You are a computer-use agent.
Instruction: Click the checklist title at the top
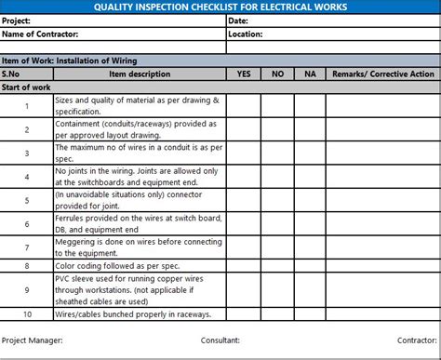(x=220, y=7)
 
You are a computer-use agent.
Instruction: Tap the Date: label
(x=238, y=20)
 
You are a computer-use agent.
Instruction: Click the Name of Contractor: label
(x=39, y=33)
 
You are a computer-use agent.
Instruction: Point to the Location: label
(x=246, y=33)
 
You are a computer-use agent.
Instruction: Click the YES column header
(x=244, y=73)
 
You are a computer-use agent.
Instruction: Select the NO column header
(x=277, y=73)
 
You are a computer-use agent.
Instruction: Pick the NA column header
(x=310, y=73)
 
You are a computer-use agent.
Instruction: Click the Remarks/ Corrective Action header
(x=383, y=73)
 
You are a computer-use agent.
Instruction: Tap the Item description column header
(x=140, y=73)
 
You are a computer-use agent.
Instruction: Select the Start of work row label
(x=26, y=87)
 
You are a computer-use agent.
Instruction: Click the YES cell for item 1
(x=244, y=105)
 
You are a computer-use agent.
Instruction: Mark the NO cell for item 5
(x=277, y=200)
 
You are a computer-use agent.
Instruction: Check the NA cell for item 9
(x=310, y=289)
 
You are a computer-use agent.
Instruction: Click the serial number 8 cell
(x=27, y=265)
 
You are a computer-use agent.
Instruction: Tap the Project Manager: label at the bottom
(x=33, y=340)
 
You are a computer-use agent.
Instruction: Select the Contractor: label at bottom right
(x=416, y=340)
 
